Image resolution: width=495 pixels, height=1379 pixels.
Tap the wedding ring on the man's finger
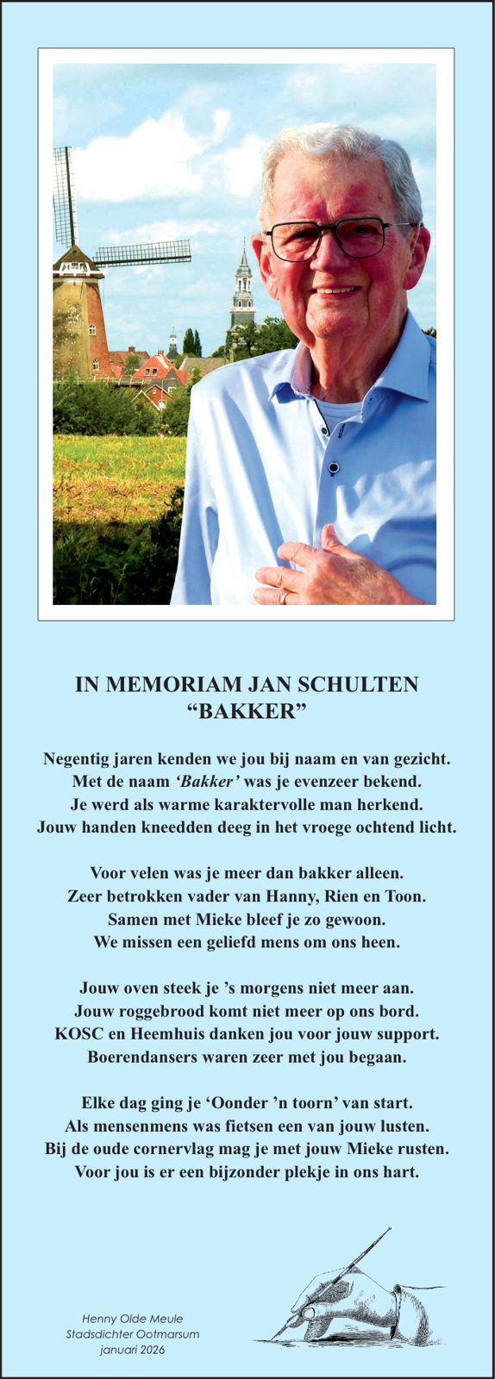(x=283, y=596)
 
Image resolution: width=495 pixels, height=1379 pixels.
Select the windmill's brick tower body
(x=80, y=323)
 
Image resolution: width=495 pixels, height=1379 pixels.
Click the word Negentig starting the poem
(x=78, y=759)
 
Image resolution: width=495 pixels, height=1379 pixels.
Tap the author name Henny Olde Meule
(x=133, y=1319)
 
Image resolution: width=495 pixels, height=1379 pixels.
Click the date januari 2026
(x=133, y=1350)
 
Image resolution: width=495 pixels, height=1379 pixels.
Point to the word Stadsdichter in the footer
(x=100, y=1334)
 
